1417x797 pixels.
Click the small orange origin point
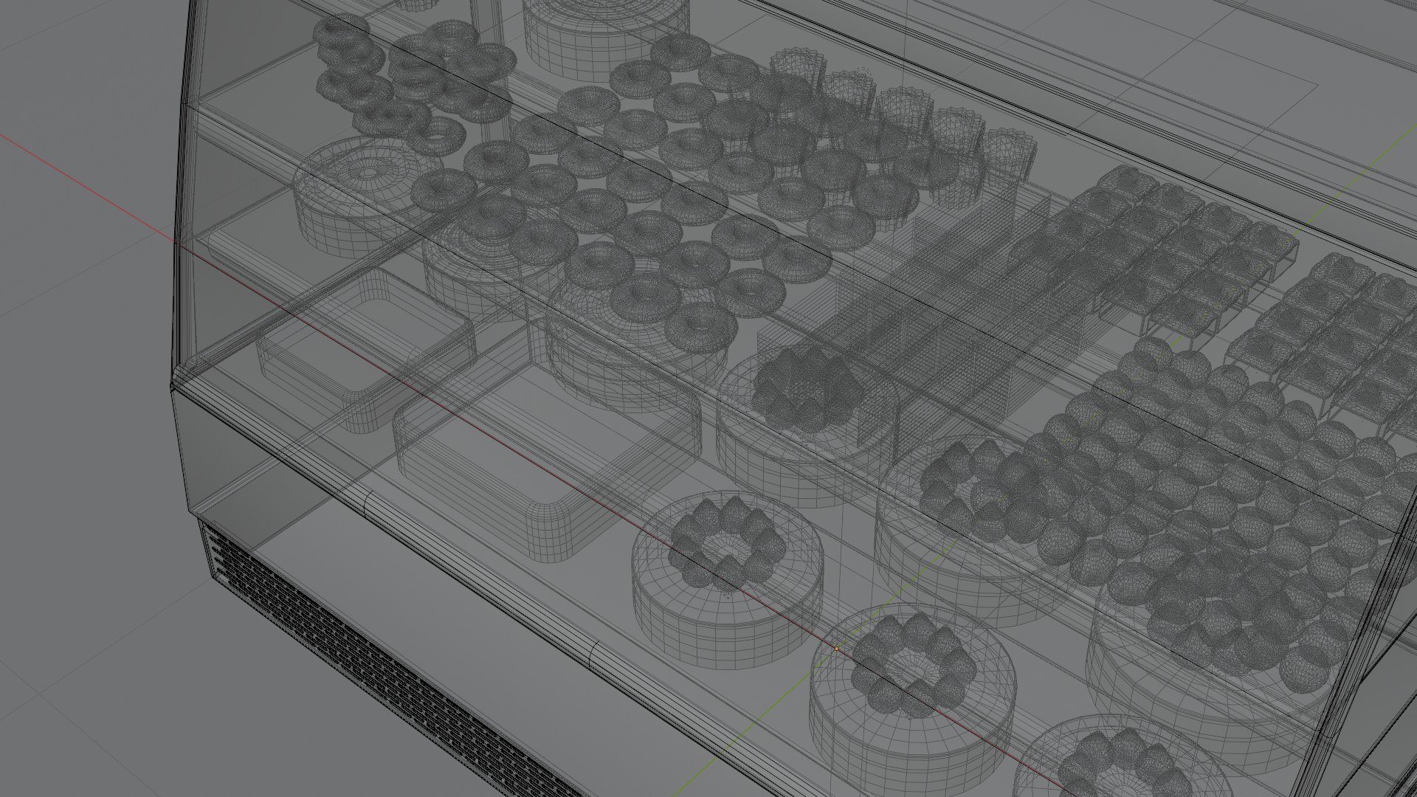pyautogui.click(x=836, y=649)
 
